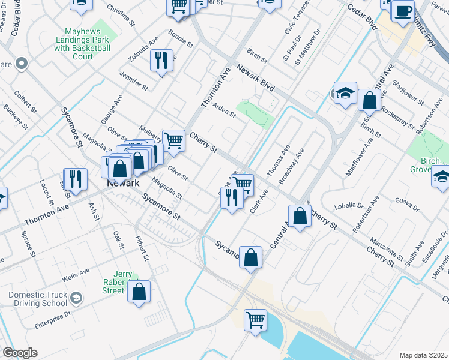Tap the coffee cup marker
click(x=402, y=11)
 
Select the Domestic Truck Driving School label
click(x=38, y=299)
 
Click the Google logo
click(x=20, y=353)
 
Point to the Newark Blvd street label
click(x=255, y=79)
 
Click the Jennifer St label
click(x=134, y=80)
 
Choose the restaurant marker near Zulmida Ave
click(x=161, y=60)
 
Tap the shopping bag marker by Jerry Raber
click(x=139, y=292)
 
